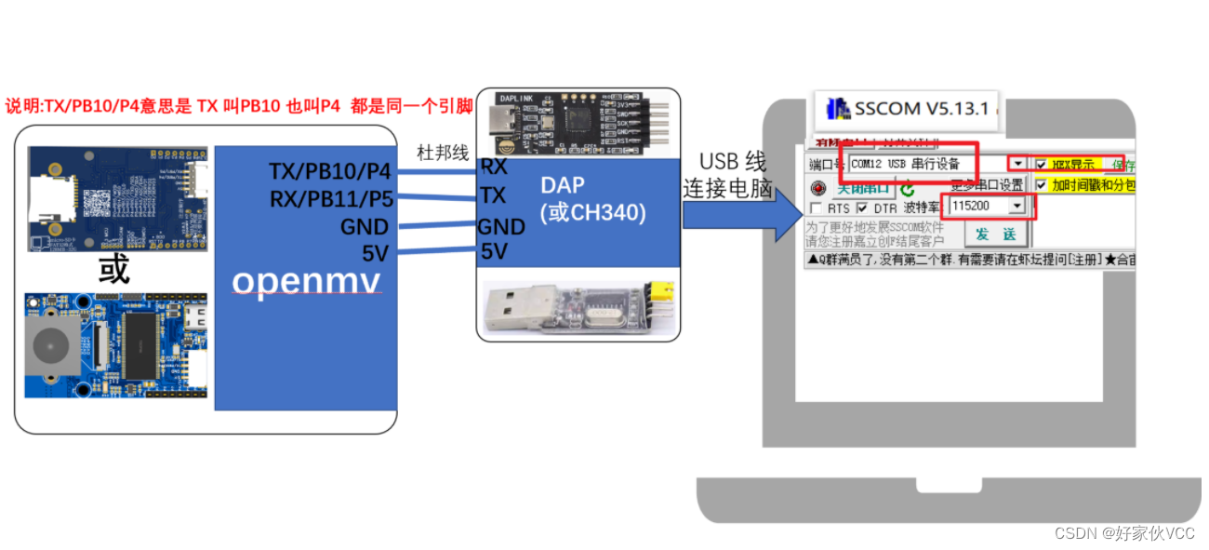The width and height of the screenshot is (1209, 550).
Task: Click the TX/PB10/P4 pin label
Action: coord(329,171)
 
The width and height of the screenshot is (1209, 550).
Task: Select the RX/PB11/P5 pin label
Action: coord(330,198)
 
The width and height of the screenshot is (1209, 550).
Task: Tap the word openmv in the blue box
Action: coord(307,280)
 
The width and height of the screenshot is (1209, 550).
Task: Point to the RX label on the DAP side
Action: coord(493,167)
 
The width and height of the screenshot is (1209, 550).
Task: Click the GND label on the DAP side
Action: coord(500,226)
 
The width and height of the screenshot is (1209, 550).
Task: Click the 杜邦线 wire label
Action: coord(444,153)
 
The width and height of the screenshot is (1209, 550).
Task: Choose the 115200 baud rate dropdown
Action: coord(986,206)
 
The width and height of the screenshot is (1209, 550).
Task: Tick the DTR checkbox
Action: coord(862,208)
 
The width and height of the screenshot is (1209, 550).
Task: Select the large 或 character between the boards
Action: coord(114,269)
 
